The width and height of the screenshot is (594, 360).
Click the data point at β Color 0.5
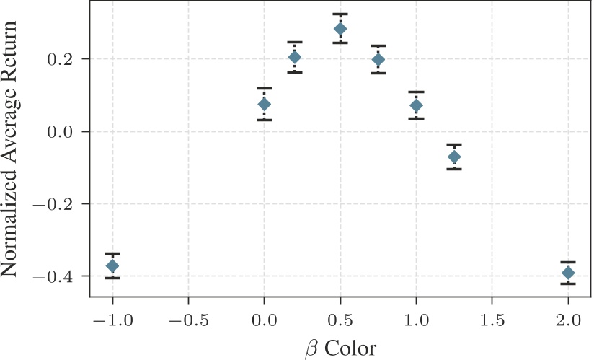point(340,29)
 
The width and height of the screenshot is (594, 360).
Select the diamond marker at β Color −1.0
point(112,266)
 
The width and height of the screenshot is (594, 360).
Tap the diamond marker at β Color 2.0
point(568,273)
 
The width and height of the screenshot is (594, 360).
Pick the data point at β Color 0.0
point(265,105)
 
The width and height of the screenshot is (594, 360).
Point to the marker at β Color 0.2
point(295,57)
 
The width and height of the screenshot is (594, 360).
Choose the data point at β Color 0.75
point(378,59)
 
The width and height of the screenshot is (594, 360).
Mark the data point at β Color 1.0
point(416,106)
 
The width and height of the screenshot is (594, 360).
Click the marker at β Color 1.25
point(454,157)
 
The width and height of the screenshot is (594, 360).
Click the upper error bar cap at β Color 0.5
point(340,14)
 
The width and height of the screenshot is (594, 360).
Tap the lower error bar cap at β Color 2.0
point(568,284)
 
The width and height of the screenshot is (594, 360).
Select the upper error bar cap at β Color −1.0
point(112,254)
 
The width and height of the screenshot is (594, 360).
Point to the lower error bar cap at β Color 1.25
point(454,169)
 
